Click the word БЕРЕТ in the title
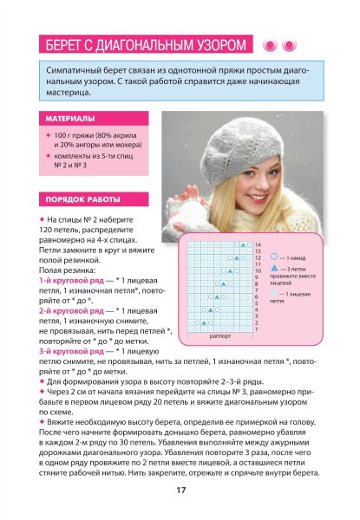pyautogui.click(x=67, y=45)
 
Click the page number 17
pyautogui.click(x=180, y=491)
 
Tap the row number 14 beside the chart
pyautogui.click(x=258, y=246)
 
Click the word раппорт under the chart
pyautogui.click(x=220, y=335)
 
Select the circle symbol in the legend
pyautogui.click(x=274, y=257)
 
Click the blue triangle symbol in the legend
pyautogui.click(x=274, y=270)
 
